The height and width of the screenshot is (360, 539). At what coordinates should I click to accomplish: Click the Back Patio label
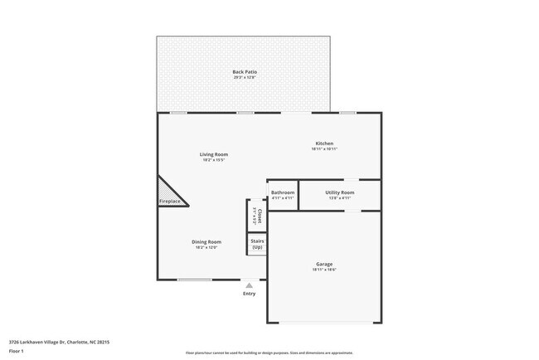[x=244, y=72]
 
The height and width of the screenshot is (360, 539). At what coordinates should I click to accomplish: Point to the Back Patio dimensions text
[x=244, y=78]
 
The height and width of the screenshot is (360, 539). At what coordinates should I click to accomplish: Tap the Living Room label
[x=213, y=154]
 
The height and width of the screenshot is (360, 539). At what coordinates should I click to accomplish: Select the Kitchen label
[x=323, y=144]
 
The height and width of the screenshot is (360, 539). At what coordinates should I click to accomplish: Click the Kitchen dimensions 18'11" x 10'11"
[x=323, y=149]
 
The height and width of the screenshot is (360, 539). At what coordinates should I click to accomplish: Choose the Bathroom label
[x=283, y=192]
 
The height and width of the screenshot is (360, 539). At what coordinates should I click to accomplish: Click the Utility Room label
[x=339, y=192]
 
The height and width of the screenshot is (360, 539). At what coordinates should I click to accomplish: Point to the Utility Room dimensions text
[x=339, y=198]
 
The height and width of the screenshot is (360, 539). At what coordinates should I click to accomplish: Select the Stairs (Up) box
[x=257, y=245]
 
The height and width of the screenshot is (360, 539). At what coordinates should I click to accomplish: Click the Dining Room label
[x=208, y=241]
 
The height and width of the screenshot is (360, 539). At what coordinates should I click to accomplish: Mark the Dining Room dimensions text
[x=208, y=247]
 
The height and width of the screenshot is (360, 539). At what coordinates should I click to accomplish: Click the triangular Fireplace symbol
[x=170, y=196]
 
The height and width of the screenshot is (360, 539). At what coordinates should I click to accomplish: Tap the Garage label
[x=323, y=264]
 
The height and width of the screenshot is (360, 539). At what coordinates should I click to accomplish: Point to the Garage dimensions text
[x=323, y=270]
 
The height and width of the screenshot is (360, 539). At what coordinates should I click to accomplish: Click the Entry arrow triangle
[x=249, y=285]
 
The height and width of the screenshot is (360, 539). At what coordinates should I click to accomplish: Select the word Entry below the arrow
[x=249, y=294]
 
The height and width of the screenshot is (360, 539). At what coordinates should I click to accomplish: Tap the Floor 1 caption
[x=17, y=351]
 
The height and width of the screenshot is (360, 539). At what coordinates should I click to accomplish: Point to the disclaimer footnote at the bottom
[x=269, y=353]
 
